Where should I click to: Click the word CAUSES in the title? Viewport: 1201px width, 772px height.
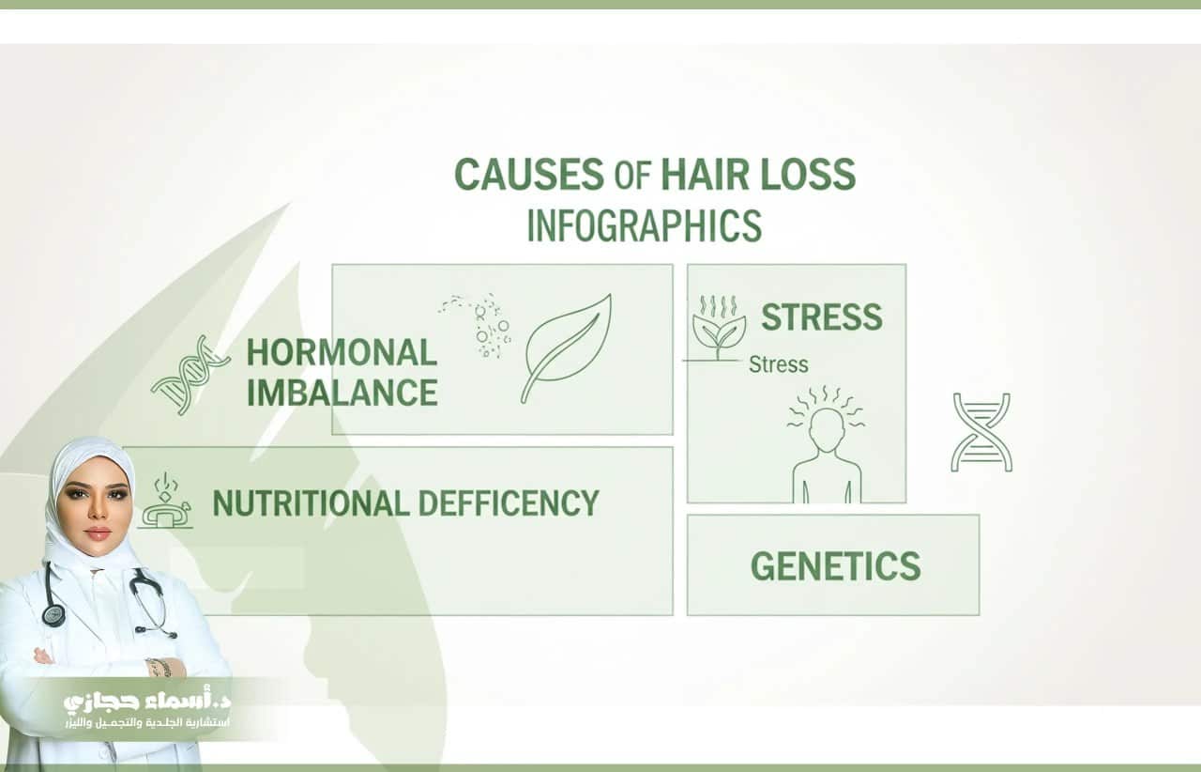[528, 174]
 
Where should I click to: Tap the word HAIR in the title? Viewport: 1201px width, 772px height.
[705, 174]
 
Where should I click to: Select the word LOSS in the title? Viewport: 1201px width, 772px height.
[808, 174]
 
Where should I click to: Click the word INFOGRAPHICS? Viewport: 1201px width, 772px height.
[645, 225]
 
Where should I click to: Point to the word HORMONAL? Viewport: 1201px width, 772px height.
[342, 353]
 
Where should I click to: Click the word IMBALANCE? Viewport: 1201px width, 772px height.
[342, 393]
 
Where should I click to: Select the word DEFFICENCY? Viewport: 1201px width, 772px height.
[509, 503]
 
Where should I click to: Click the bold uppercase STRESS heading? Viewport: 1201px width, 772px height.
[821, 317]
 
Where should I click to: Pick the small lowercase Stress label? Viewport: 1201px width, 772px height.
[779, 364]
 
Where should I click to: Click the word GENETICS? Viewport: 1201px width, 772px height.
[835, 565]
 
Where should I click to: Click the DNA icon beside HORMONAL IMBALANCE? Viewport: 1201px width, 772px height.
[190, 375]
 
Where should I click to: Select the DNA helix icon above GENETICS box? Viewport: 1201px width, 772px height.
[981, 433]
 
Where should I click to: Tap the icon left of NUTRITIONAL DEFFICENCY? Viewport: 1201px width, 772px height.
[166, 501]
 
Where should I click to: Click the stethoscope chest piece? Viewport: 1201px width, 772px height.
[53, 615]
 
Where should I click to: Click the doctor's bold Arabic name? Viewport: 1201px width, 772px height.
[147, 701]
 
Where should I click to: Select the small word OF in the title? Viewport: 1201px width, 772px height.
[632, 176]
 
